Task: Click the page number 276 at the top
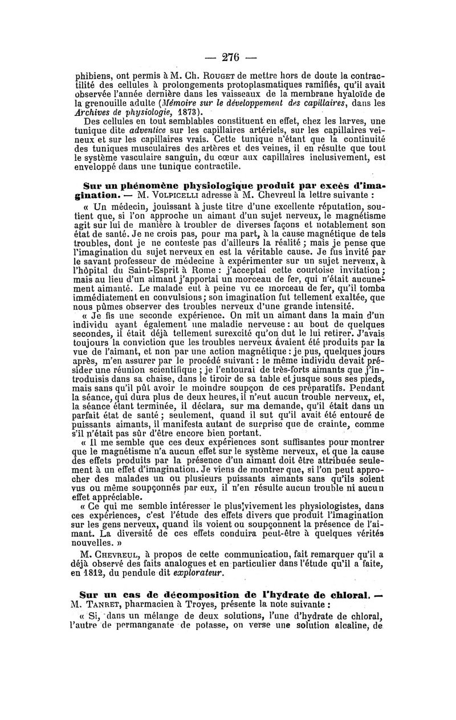(x=228, y=58)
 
